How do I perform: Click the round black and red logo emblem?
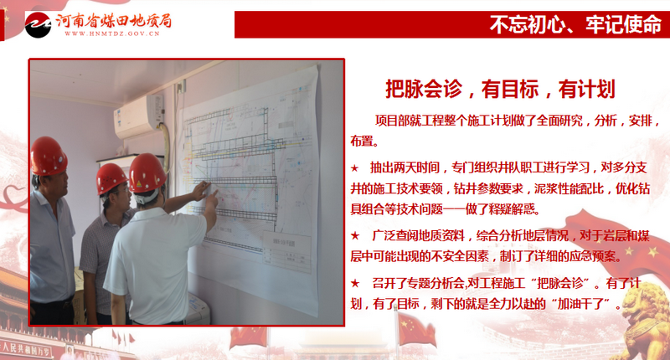[38, 24]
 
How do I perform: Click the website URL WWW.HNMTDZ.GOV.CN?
[112, 33]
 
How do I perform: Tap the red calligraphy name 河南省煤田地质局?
[114, 20]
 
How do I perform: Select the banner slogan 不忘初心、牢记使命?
[575, 24]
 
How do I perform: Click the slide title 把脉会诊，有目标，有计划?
[500, 90]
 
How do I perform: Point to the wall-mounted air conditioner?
[139, 116]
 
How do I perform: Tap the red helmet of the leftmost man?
[49, 157]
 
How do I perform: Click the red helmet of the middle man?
[111, 177]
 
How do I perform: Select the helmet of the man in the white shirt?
[147, 173]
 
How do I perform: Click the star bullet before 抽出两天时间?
[354, 168]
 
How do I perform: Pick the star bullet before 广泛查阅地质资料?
[354, 235]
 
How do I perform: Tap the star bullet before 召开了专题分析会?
[354, 283]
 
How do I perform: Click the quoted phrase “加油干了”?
[582, 304]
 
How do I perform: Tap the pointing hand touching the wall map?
[201, 190]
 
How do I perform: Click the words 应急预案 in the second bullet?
[594, 256]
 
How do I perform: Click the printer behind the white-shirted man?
[198, 309]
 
